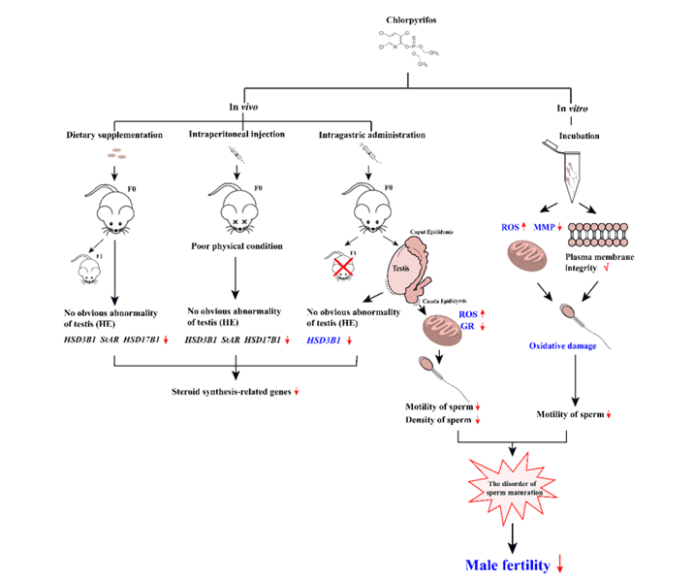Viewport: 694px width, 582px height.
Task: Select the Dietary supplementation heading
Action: click(114, 133)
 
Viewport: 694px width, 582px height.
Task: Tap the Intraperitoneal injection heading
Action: click(236, 133)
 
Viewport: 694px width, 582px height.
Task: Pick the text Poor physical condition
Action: click(236, 245)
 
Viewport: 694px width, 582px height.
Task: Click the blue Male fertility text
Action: click(507, 564)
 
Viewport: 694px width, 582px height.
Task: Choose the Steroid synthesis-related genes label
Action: click(228, 391)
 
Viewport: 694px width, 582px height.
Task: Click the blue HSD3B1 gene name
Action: click(328, 340)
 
